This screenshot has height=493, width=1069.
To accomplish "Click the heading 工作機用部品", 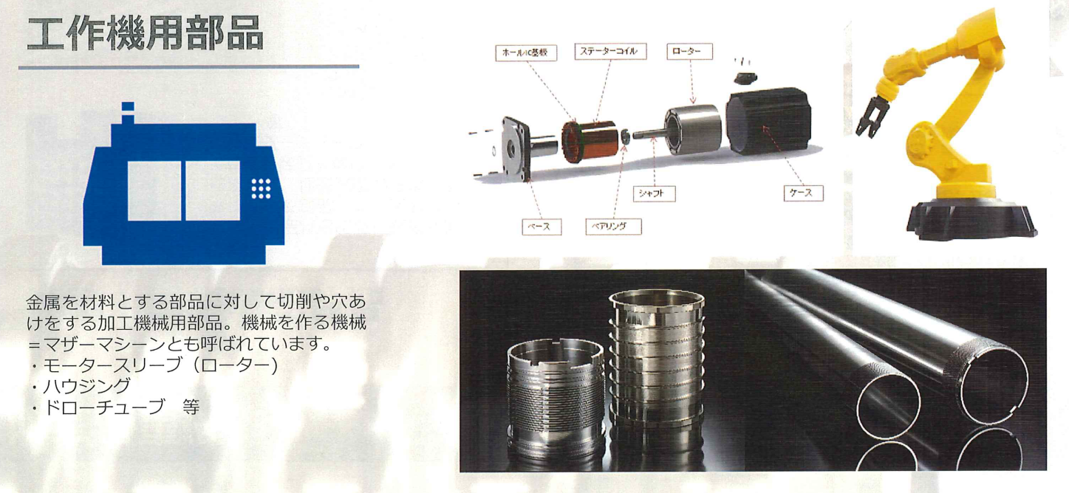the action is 145,33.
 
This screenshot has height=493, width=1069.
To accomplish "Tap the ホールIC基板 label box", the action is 526,52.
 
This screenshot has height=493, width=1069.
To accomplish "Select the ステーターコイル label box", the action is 610,52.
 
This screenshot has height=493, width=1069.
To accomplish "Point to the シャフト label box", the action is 654,193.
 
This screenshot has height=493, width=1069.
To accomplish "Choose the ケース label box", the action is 803,193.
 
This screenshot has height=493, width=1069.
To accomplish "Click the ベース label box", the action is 542,227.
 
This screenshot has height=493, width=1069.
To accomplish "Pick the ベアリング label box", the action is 613,227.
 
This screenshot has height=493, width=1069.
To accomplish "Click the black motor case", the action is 768,122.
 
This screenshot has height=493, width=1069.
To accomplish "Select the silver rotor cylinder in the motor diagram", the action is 694,129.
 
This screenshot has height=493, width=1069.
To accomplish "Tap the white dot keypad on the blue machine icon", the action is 261,189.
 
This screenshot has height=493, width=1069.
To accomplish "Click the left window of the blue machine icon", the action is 154,190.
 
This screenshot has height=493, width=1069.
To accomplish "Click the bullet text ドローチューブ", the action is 103,407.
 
